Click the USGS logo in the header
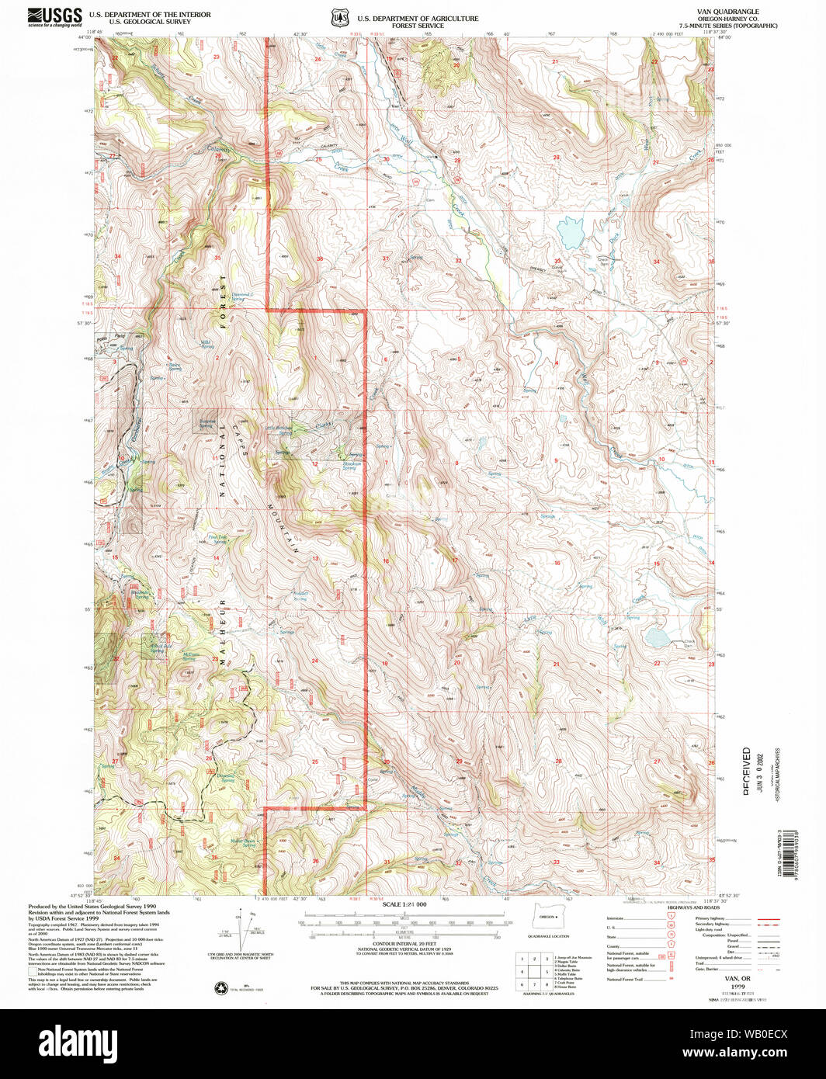coord(55,17)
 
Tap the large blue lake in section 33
coord(570,231)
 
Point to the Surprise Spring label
coord(205,425)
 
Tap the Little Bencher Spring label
coord(279,427)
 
